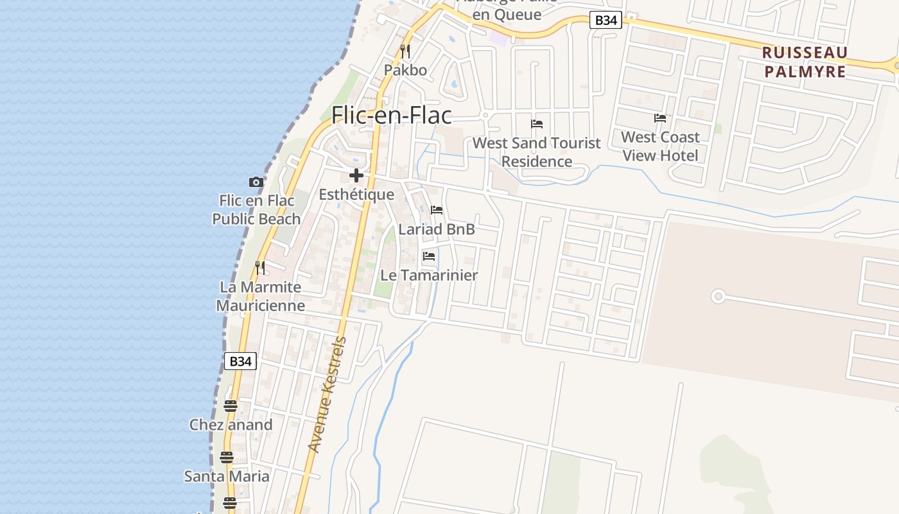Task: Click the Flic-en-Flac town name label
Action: click(392, 115)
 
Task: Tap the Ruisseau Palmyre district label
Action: click(805, 62)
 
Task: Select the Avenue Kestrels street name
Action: click(327, 394)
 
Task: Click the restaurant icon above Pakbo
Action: click(405, 51)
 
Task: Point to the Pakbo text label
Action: click(405, 69)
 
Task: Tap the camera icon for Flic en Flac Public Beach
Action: click(256, 182)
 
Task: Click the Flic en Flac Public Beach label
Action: click(256, 210)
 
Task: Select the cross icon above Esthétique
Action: click(356, 175)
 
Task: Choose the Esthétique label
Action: click(356, 194)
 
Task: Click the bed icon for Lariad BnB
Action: click(437, 210)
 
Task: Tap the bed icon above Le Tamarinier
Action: click(429, 256)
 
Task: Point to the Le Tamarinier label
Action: click(429, 275)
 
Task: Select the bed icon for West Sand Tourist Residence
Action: click(537, 124)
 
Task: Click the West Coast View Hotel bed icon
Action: click(660, 118)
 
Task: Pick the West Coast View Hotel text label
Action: click(660, 146)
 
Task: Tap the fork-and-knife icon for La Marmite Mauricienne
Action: click(260, 267)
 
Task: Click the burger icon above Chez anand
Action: click(231, 406)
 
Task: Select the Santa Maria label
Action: click(227, 476)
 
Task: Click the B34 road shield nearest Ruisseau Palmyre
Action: click(606, 21)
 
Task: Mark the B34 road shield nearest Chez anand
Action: click(240, 361)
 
